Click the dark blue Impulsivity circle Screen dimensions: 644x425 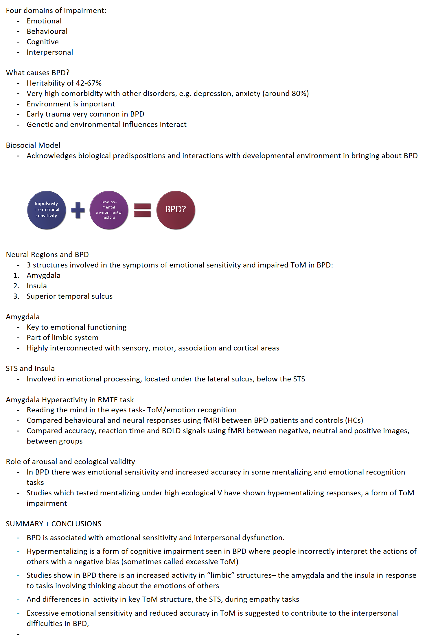point(46,210)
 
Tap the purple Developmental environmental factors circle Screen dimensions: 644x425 point(109,210)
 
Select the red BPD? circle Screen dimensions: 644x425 point(176,210)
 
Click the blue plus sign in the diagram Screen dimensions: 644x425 point(78,210)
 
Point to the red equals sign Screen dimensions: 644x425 point(142,210)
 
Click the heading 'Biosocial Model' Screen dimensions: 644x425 point(33,145)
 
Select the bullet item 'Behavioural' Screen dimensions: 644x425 point(47,31)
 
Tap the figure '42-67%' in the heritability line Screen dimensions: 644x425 point(89,83)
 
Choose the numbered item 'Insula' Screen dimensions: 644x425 point(36,286)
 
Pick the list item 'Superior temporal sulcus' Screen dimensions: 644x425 point(69,296)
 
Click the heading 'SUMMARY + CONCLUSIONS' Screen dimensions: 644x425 point(54,524)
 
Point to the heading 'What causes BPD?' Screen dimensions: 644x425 point(38,73)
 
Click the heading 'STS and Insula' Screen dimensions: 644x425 point(30,368)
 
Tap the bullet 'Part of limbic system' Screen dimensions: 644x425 point(62,338)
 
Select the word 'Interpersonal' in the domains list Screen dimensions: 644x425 point(50,52)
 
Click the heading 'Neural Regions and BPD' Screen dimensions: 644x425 point(47,254)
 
